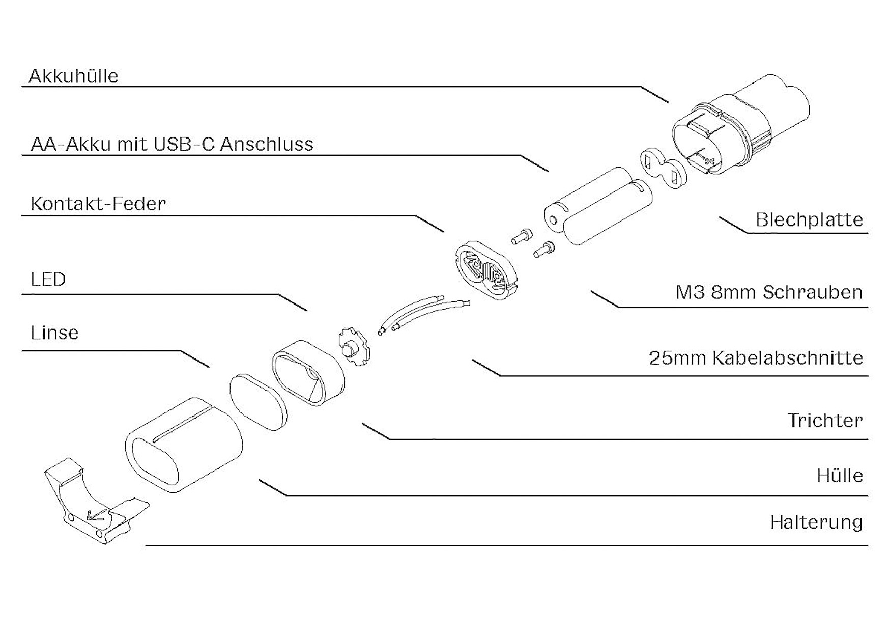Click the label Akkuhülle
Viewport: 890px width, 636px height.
(73, 76)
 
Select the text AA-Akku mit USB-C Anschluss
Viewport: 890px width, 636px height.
(171, 144)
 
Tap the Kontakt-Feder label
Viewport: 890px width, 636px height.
(98, 204)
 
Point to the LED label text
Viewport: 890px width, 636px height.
(48, 280)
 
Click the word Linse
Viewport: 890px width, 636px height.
(54, 333)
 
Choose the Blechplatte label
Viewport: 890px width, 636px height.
(809, 220)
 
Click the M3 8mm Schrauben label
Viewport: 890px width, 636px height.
(769, 292)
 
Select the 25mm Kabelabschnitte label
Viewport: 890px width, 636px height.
(756, 358)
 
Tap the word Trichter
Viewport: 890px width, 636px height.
(825, 421)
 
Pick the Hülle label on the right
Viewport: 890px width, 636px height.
(840, 476)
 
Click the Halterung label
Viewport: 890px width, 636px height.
(816, 522)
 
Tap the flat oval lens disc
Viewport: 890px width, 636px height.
(258, 402)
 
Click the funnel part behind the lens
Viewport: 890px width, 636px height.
(308, 373)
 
